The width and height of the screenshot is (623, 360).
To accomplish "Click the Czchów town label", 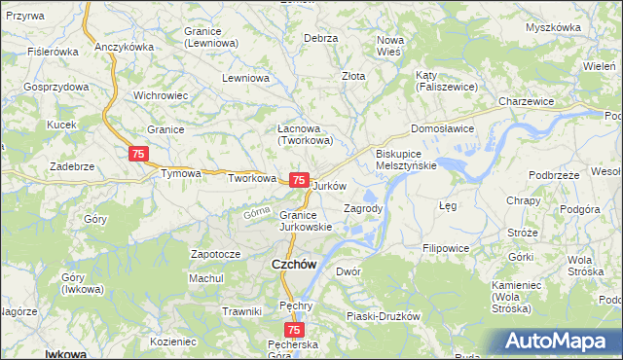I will pyautogui.click(x=291, y=264).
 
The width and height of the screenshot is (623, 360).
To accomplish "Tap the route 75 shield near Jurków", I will pyautogui.click(x=300, y=180).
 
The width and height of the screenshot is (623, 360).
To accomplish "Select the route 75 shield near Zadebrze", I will pyautogui.click(x=138, y=154).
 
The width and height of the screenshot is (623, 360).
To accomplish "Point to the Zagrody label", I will pyautogui.click(x=364, y=208).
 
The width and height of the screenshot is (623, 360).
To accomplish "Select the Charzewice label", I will pyautogui.click(x=526, y=101).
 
